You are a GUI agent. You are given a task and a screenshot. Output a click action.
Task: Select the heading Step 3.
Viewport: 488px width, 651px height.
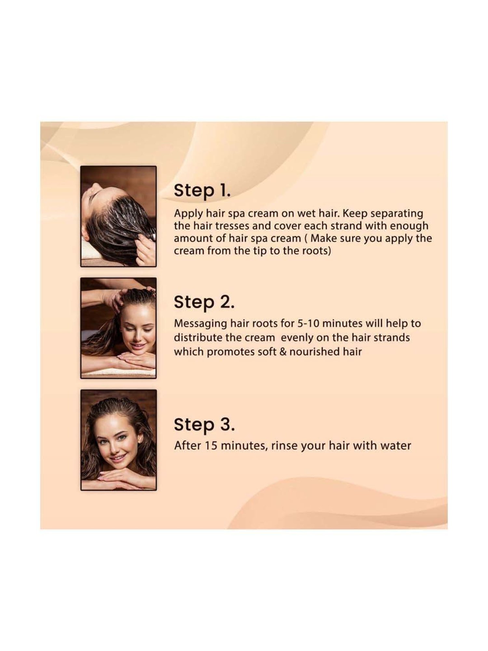204,424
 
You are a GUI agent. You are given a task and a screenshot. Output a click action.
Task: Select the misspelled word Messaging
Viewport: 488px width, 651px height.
199,324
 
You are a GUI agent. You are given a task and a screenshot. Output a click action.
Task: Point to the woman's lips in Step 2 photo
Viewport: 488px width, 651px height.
138,345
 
